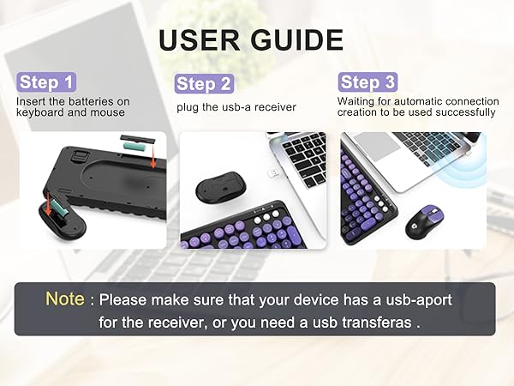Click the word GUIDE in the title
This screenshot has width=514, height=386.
pos(290,39)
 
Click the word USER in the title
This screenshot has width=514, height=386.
pos(198,39)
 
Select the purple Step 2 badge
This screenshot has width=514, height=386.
pos(204,83)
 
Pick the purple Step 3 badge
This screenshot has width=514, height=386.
pos(367,82)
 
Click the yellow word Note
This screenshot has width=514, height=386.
pos(65,299)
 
